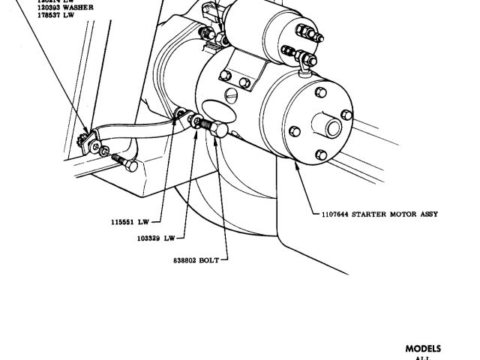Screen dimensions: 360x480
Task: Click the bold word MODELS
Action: [x=424, y=349]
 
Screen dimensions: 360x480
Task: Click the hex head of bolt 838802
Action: [x=218, y=130]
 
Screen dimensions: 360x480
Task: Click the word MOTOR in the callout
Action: [x=402, y=214]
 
